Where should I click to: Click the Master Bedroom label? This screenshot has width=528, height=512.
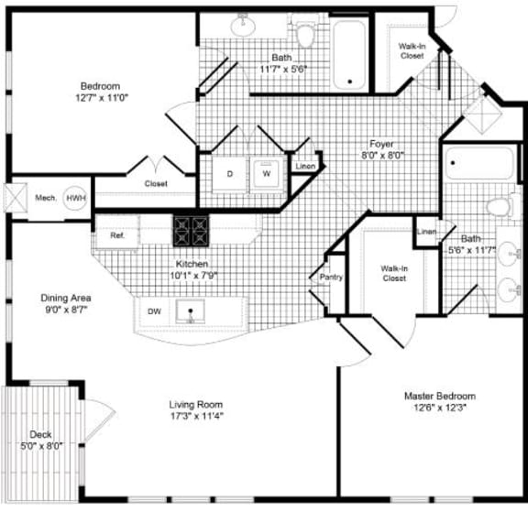click(x=440, y=396)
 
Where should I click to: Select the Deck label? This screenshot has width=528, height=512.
click(x=41, y=436)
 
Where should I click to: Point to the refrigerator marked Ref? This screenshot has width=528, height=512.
click(x=117, y=235)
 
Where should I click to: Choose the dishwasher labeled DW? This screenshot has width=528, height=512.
click(x=154, y=312)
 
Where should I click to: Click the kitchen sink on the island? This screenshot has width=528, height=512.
click(x=190, y=312)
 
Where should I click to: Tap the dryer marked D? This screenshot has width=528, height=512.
click(x=229, y=172)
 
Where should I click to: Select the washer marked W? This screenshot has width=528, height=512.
click(x=266, y=172)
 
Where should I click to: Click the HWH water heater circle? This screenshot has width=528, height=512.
click(x=75, y=198)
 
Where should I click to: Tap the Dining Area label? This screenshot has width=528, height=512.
click(x=66, y=298)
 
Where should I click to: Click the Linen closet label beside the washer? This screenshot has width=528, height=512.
click(x=305, y=166)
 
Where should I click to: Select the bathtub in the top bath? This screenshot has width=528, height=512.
click(x=348, y=54)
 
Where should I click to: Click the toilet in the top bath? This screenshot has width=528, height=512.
click(x=306, y=34)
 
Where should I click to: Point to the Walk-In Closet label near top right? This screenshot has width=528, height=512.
click(x=412, y=50)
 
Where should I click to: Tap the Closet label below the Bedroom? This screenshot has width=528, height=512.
click(x=155, y=184)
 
